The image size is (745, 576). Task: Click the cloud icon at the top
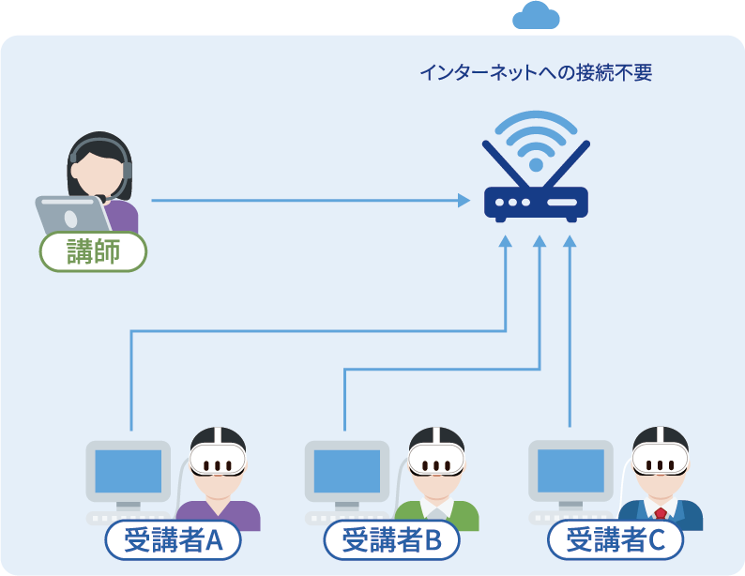click(x=536, y=16)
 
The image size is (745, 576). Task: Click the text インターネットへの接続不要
click(x=535, y=72)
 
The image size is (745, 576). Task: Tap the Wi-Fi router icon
click(x=536, y=201)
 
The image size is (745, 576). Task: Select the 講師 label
click(x=93, y=251)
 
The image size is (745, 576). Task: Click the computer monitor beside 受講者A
click(x=129, y=471)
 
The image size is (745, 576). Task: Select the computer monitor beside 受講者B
click(x=346, y=471)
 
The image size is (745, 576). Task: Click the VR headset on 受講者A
click(x=218, y=461)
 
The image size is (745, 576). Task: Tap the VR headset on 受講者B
click(x=436, y=461)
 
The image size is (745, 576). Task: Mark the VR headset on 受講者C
click(x=660, y=461)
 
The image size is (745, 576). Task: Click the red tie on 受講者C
click(x=661, y=514)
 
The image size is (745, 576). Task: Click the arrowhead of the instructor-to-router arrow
click(x=464, y=200)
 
